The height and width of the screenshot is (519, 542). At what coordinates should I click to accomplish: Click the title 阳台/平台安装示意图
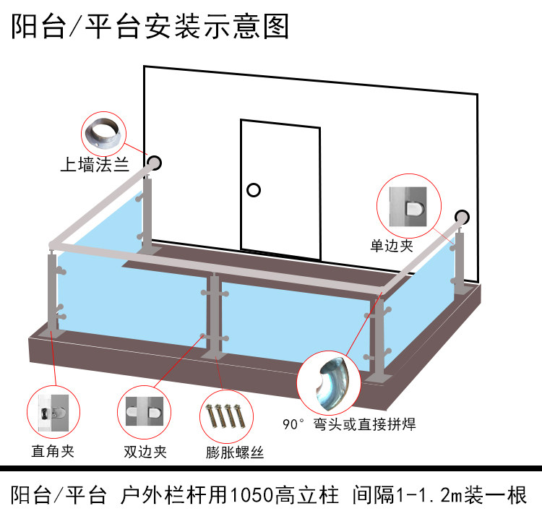150,27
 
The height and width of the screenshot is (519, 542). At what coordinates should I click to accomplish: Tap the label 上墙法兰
95,165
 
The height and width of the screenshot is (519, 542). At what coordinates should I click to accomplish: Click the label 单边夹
392,246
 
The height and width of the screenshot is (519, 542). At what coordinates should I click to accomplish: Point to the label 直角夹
53,452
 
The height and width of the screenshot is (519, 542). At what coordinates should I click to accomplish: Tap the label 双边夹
145,452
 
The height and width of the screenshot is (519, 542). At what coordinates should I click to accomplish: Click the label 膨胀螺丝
234,453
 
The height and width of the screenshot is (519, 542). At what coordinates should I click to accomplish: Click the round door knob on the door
253,190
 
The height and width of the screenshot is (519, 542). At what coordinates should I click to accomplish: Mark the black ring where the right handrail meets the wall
462,216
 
